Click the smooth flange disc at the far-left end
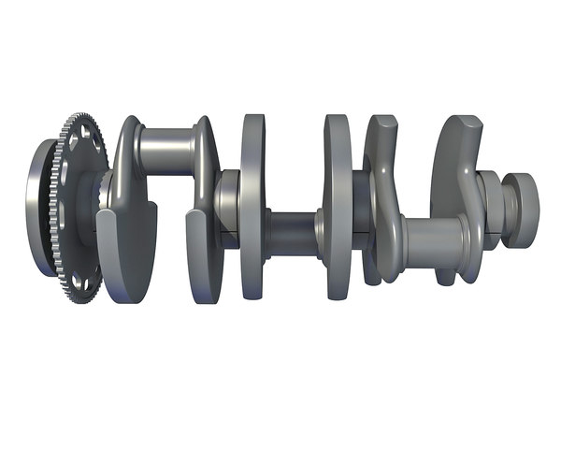[x=39, y=208]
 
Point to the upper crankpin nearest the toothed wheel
[x=166, y=150]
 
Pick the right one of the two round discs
[x=338, y=206]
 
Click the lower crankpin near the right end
[x=432, y=242]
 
